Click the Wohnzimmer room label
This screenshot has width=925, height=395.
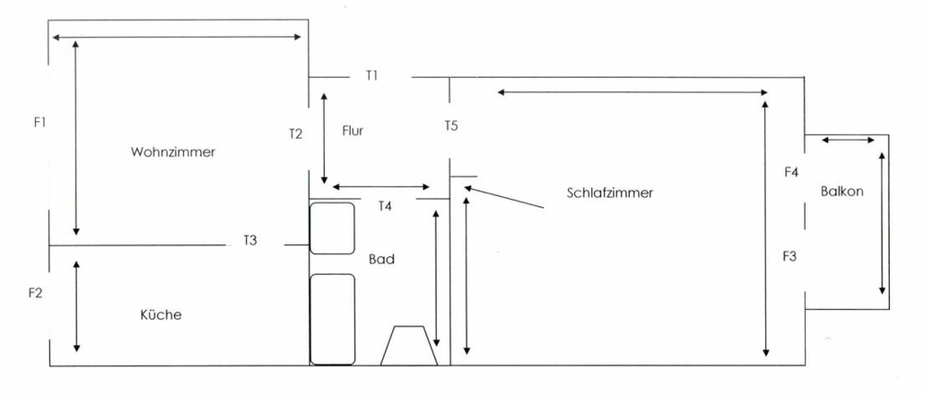(x=173, y=152)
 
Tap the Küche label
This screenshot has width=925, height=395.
(x=160, y=315)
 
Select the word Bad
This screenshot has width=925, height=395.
(x=382, y=259)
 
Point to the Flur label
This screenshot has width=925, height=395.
(x=352, y=130)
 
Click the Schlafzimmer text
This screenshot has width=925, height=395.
(x=610, y=192)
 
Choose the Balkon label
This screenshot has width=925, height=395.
(x=842, y=191)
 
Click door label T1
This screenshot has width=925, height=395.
(x=372, y=76)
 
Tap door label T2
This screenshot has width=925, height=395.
(x=296, y=134)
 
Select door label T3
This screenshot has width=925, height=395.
(x=250, y=241)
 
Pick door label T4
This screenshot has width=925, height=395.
(x=385, y=206)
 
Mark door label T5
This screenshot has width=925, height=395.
(x=451, y=126)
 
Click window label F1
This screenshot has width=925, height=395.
(x=40, y=123)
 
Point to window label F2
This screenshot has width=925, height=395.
(x=35, y=293)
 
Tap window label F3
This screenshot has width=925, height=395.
(x=790, y=256)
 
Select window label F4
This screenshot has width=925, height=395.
(x=791, y=173)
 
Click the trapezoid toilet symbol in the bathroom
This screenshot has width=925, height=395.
(x=409, y=345)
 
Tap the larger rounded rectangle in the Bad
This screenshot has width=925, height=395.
(x=332, y=319)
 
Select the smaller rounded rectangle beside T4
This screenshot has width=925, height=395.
(x=332, y=228)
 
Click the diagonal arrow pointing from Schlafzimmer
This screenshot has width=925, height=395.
(x=503, y=198)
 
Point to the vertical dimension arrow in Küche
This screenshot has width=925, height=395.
(x=76, y=306)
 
